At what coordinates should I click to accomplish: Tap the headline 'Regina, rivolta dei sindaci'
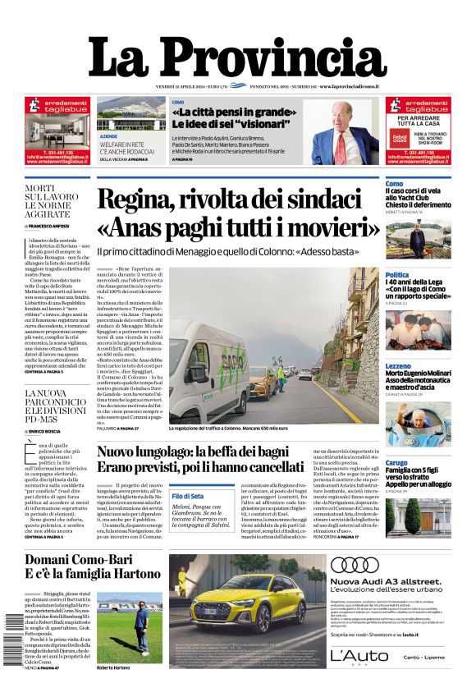point(239,200)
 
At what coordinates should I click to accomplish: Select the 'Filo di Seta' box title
point(188,496)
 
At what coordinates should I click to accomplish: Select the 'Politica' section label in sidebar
point(397,275)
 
